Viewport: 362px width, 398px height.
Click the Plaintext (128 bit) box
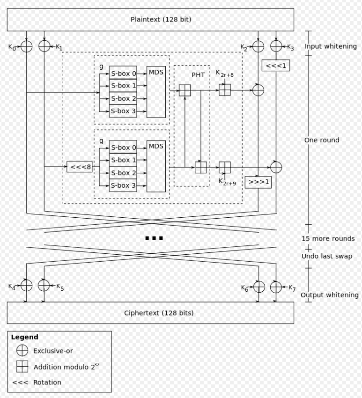click(x=150, y=20)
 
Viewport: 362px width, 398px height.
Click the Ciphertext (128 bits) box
click(x=150, y=313)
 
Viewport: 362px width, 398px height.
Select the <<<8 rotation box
click(x=80, y=166)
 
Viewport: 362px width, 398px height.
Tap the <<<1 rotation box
click(x=275, y=66)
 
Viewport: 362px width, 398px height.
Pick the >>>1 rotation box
click(x=258, y=182)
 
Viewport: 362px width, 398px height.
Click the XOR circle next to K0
click(x=26, y=46)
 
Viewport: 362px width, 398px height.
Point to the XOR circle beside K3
click(x=276, y=46)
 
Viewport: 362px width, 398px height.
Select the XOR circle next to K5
click(x=44, y=286)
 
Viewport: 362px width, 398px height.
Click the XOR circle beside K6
click(x=259, y=287)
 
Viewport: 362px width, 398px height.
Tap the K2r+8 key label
click(x=224, y=74)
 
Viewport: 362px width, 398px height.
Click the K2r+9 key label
click(x=227, y=182)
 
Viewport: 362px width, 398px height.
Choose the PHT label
click(x=198, y=74)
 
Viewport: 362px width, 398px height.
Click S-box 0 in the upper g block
click(x=123, y=73)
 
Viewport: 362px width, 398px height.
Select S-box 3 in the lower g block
click(x=123, y=185)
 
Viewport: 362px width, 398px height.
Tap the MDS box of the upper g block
click(x=156, y=92)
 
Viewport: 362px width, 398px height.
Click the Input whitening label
click(x=330, y=46)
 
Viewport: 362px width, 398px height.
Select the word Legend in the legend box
click(x=24, y=337)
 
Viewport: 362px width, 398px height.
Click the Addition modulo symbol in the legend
click(x=22, y=367)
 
